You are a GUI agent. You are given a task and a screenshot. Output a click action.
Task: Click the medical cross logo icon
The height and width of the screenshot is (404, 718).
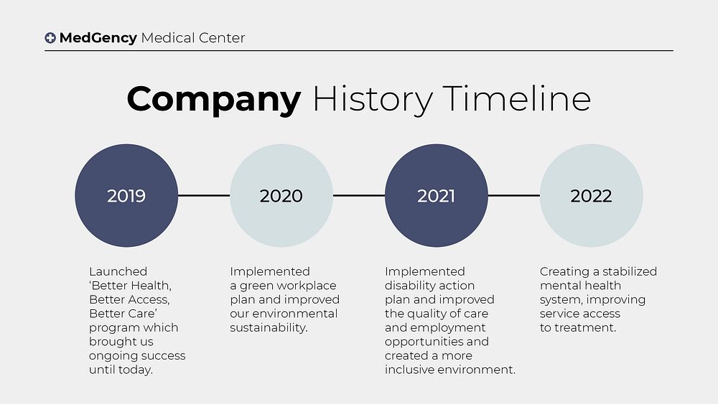tap(50, 38)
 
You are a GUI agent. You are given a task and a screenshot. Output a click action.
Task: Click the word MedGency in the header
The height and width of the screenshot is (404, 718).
tap(98, 38)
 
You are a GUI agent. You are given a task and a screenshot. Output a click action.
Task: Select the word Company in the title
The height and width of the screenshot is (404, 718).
tap(213, 99)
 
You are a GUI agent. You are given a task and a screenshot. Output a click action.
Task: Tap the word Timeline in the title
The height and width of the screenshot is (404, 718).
tap(516, 99)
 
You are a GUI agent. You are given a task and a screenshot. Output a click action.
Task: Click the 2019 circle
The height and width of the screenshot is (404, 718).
tap(126, 195)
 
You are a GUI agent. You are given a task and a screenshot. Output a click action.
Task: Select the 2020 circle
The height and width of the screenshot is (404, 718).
tap(281, 195)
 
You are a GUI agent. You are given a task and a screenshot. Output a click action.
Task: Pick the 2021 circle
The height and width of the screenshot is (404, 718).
tap(437, 195)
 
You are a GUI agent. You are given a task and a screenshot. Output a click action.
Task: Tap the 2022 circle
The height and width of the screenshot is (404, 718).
tap(591, 195)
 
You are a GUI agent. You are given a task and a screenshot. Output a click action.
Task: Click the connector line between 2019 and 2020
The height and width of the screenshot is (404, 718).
tap(204, 195)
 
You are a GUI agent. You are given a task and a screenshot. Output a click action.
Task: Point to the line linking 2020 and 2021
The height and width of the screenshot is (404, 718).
tap(359, 195)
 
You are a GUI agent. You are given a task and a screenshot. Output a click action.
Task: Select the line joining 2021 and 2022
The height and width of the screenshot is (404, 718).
tap(513, 195)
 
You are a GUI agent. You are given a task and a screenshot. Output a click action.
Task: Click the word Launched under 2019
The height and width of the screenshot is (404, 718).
tap(118, 271)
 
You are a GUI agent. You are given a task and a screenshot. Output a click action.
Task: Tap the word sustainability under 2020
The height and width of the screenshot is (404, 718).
tap(269, 328)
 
